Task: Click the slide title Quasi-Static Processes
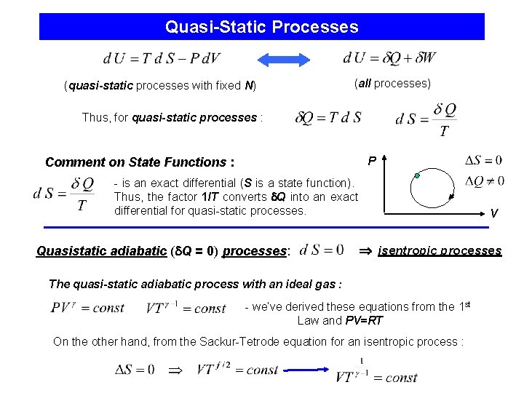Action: click(261, 27)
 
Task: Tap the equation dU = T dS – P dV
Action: click(161, 58)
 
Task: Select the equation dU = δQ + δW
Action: click(389, 57)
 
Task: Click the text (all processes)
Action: click(392, 84)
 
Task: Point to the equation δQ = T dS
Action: click(328, 116)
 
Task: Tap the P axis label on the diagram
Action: click(372, 159)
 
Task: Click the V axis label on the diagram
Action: click(493, 213)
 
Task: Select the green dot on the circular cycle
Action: click(417, 175)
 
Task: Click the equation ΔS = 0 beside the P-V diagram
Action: click(483, 160)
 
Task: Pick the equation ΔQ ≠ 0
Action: click(483, 180)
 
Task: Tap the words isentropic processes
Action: click(440, 251)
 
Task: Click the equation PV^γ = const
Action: click(87, 308)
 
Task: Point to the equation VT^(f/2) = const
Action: click(227, 369)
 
